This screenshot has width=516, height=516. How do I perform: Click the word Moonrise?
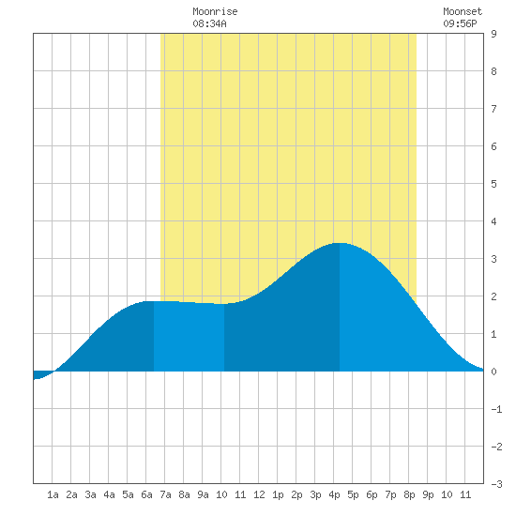(215, 11)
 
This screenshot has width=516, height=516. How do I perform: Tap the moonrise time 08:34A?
(209, 23)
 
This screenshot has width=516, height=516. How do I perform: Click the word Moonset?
(463, 11)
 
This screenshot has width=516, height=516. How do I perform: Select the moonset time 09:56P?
(460, 23)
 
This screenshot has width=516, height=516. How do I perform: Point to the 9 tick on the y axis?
(493, 34)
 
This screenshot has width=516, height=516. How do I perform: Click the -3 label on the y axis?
(496, 484)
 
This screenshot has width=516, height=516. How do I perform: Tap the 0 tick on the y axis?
(493, 372)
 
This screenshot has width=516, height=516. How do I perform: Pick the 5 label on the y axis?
(493, 184)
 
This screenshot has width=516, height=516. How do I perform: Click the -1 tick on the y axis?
(496, 409)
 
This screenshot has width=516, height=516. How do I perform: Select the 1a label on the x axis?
(53, 494)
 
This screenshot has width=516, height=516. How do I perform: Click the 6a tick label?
(146, 494)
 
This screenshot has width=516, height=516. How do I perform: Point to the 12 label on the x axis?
(259, 494)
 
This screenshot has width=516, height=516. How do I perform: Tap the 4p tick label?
(334, 494)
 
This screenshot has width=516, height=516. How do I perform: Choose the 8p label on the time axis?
(409, 494)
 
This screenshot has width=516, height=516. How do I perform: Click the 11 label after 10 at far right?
(465, 494)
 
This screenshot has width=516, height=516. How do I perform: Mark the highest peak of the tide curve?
(340, 243)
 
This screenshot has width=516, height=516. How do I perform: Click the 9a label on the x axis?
(203, 494)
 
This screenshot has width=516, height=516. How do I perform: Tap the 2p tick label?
(296, 494)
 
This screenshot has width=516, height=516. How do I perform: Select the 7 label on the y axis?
(493, 109)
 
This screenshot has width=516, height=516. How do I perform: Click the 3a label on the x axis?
(90, 494)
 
